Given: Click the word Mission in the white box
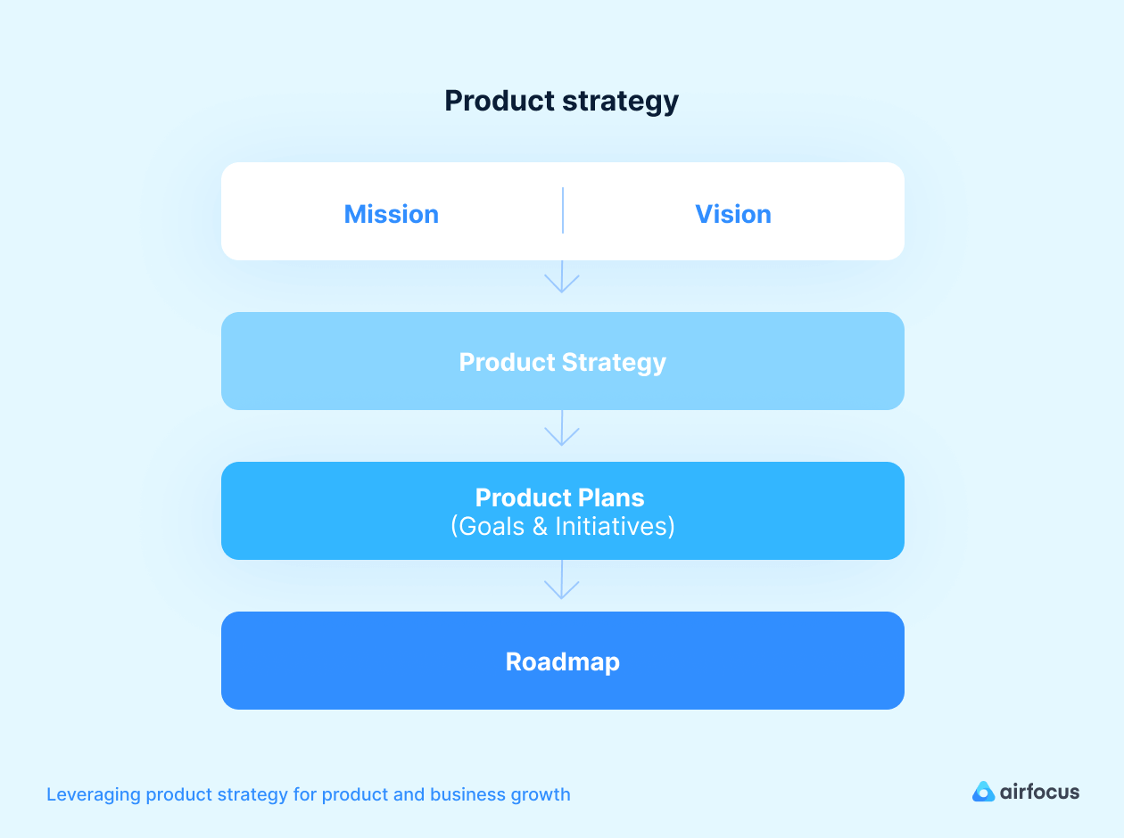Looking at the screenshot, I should (391, 214).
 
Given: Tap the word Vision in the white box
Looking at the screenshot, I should (732, 214).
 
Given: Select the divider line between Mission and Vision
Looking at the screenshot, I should (563, 210).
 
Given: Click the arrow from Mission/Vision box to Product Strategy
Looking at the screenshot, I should (562, 277).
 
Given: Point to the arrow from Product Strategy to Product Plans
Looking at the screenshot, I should (562, 429).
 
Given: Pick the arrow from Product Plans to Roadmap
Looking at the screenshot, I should (562, 580).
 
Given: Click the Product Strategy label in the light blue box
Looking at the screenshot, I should (562, 362).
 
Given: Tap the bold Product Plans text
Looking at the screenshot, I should (559, 497).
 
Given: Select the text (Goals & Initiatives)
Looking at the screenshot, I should (562, 526).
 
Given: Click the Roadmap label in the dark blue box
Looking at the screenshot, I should (562, 661).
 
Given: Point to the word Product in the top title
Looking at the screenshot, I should (500, 101).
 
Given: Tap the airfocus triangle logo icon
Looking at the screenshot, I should (983, 792).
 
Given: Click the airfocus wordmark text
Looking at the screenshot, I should (1039, 792).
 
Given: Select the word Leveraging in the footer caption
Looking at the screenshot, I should (93, 795).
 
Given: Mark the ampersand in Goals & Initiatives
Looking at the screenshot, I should (539, 526).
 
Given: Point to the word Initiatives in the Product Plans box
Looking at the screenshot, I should (615, 526).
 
